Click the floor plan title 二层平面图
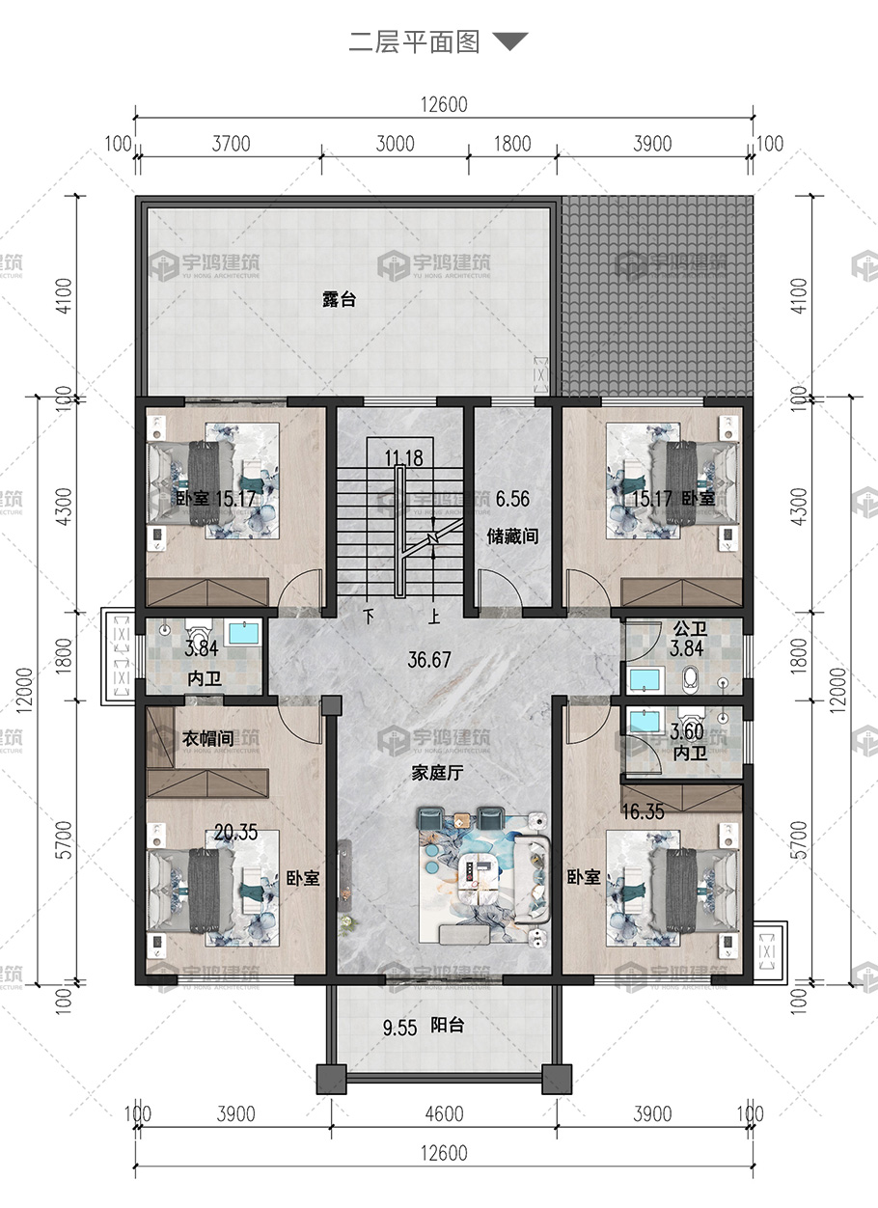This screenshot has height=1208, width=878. pyautogui.click(x=414, y=42)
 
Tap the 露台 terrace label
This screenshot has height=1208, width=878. pyautogui.click(x=340, y=299)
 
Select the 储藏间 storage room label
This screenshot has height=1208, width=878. pyautogui.click(x=512, y=536)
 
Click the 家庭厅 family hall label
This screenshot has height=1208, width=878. pyautogui.click(x=437, y=773)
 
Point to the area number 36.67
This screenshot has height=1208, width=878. pyautogui.click(x=428, y=660)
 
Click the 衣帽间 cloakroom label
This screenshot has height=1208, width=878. pyautogui.click(x=207, y=738)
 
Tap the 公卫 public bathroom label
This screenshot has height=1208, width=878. pyautogui.click(x=690, y=629)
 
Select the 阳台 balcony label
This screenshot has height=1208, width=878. pyautogui.click(x=447, y=1026)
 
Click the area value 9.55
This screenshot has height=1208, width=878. pyautogui.click(x=399, y=1028)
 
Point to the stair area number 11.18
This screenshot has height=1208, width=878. pyautogui.click(x=403, y=458)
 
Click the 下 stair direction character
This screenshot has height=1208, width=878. pyautogui.click(x=369, y=616)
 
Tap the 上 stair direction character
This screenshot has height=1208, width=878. pyautogui.click(x=433, y=616)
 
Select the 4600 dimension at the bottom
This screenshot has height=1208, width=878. pyautogui.click(x=444, y=1113)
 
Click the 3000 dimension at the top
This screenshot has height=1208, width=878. pyautogui.click(x=395, y=144)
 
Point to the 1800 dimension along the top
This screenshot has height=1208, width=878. pyautogui.click(x=512, y=144)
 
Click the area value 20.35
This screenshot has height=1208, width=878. pyautogui.click(x=235, y=832)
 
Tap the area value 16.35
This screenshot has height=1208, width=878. pyautogui.click(x=643, y=811)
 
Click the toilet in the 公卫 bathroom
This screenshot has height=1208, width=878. pyautogui.click(x=690, y=680)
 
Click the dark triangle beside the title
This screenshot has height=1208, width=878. pyautogui.click(x=510, y=41)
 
